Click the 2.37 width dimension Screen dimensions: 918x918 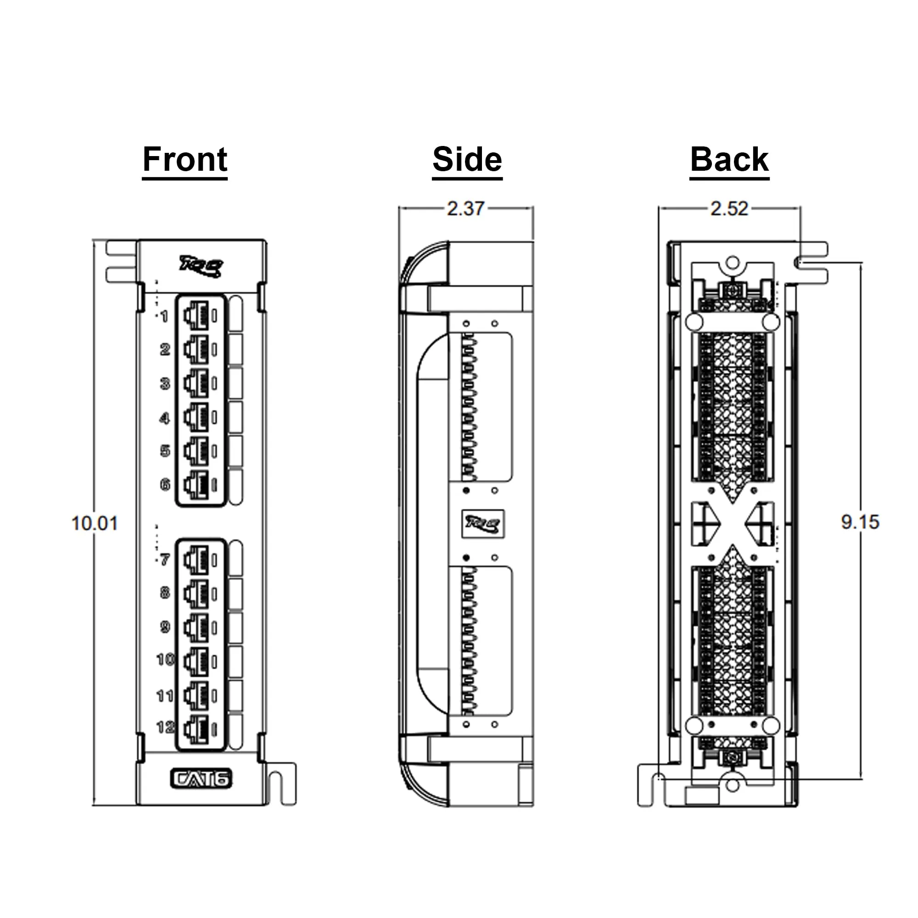[x=465, y=208]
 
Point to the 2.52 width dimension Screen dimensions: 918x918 [x=729, y=208]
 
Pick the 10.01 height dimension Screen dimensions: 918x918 [x=94, y=523]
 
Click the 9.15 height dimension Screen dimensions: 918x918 [x=860, y=522]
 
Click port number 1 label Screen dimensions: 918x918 [x=164, y=316]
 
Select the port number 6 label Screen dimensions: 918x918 [x=165, y=485]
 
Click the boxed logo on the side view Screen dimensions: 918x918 [x=483, y=524]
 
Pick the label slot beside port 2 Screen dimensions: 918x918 [x=235, y=349]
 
